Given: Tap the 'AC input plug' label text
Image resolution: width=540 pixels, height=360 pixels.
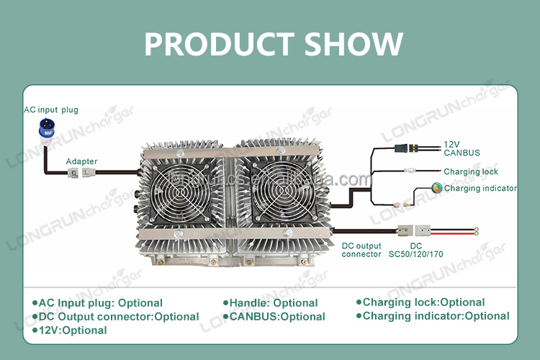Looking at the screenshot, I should [x=50, y=109].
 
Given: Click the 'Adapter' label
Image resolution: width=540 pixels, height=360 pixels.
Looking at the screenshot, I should [x=81, y=161].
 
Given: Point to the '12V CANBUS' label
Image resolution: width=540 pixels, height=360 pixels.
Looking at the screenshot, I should [x=462, y=148].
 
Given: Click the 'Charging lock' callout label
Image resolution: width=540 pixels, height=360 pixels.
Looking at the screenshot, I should [x=471, y=171].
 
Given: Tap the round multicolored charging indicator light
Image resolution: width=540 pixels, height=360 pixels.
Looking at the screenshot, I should [x=436, y=188].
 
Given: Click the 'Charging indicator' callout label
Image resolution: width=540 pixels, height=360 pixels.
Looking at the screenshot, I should [x=480, y=188].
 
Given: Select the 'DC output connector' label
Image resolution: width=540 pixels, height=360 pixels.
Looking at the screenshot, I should [x=361, y=250].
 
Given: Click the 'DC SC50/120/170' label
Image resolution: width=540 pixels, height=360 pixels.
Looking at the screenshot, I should [x=416, y=250].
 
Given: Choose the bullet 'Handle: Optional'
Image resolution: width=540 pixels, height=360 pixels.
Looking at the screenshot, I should [x=273, y=303].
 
